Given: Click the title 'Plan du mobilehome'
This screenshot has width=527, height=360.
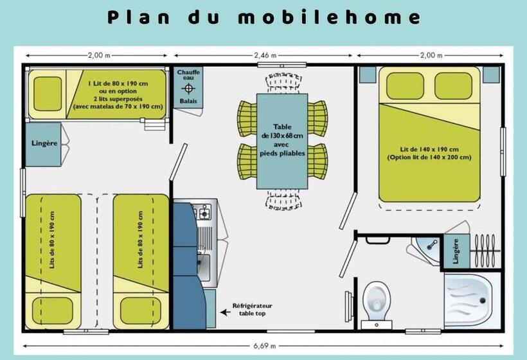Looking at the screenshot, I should pyautogui.click(x=264, y=17).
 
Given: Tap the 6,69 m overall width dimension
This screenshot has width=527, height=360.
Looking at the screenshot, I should pyautogui.click(x=264, y=346).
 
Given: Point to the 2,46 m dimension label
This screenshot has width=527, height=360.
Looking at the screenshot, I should pyautogui.click(x=264, y=55).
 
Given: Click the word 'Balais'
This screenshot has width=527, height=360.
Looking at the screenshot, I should pyautogui.click(x=188, y=101).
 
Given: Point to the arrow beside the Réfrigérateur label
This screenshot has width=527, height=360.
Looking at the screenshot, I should pyautogui.click(x=225, y=312).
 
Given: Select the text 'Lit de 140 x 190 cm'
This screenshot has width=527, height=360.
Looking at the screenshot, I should pyautogui.click(x=429, y=149).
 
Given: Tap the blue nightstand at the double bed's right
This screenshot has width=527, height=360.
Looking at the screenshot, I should pyautogui.click(x=491, y=75).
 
